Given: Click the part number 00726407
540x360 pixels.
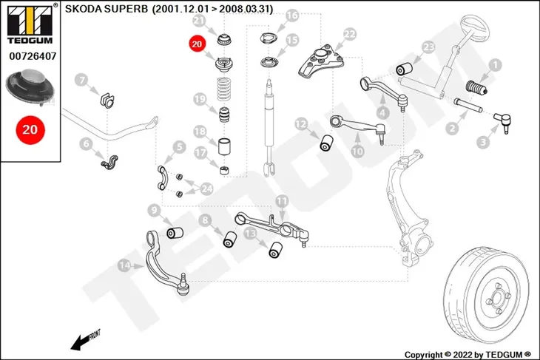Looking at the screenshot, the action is click(x=33, y=56).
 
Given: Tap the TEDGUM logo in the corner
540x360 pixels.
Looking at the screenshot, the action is click(x=30, y=24).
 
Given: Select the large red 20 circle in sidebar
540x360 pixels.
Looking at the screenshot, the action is click(x=30, y=130).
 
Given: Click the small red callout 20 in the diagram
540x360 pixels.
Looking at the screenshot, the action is click(x=197, y=44).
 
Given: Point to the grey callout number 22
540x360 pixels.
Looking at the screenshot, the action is click(x=350, y=35).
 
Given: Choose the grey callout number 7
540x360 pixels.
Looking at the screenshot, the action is click(x=81, y=81).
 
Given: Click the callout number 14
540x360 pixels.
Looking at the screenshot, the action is click(x=125, y=265).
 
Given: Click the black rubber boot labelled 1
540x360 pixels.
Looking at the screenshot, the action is click(x=476, y=88).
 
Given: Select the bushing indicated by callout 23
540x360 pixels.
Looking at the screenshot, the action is click(x=405, y=68).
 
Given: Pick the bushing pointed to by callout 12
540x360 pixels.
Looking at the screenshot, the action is click(x=326, y=143).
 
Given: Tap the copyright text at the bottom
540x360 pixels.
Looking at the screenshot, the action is click(x=468, y=355).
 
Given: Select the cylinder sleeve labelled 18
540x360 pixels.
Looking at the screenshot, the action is click(x=225, y=146).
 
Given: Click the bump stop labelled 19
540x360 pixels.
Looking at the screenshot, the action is click(x=224, y=115).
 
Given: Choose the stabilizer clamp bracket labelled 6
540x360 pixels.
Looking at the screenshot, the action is click(x=109, y=162).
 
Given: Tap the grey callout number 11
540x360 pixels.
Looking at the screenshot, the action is click(x=282, y=201).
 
